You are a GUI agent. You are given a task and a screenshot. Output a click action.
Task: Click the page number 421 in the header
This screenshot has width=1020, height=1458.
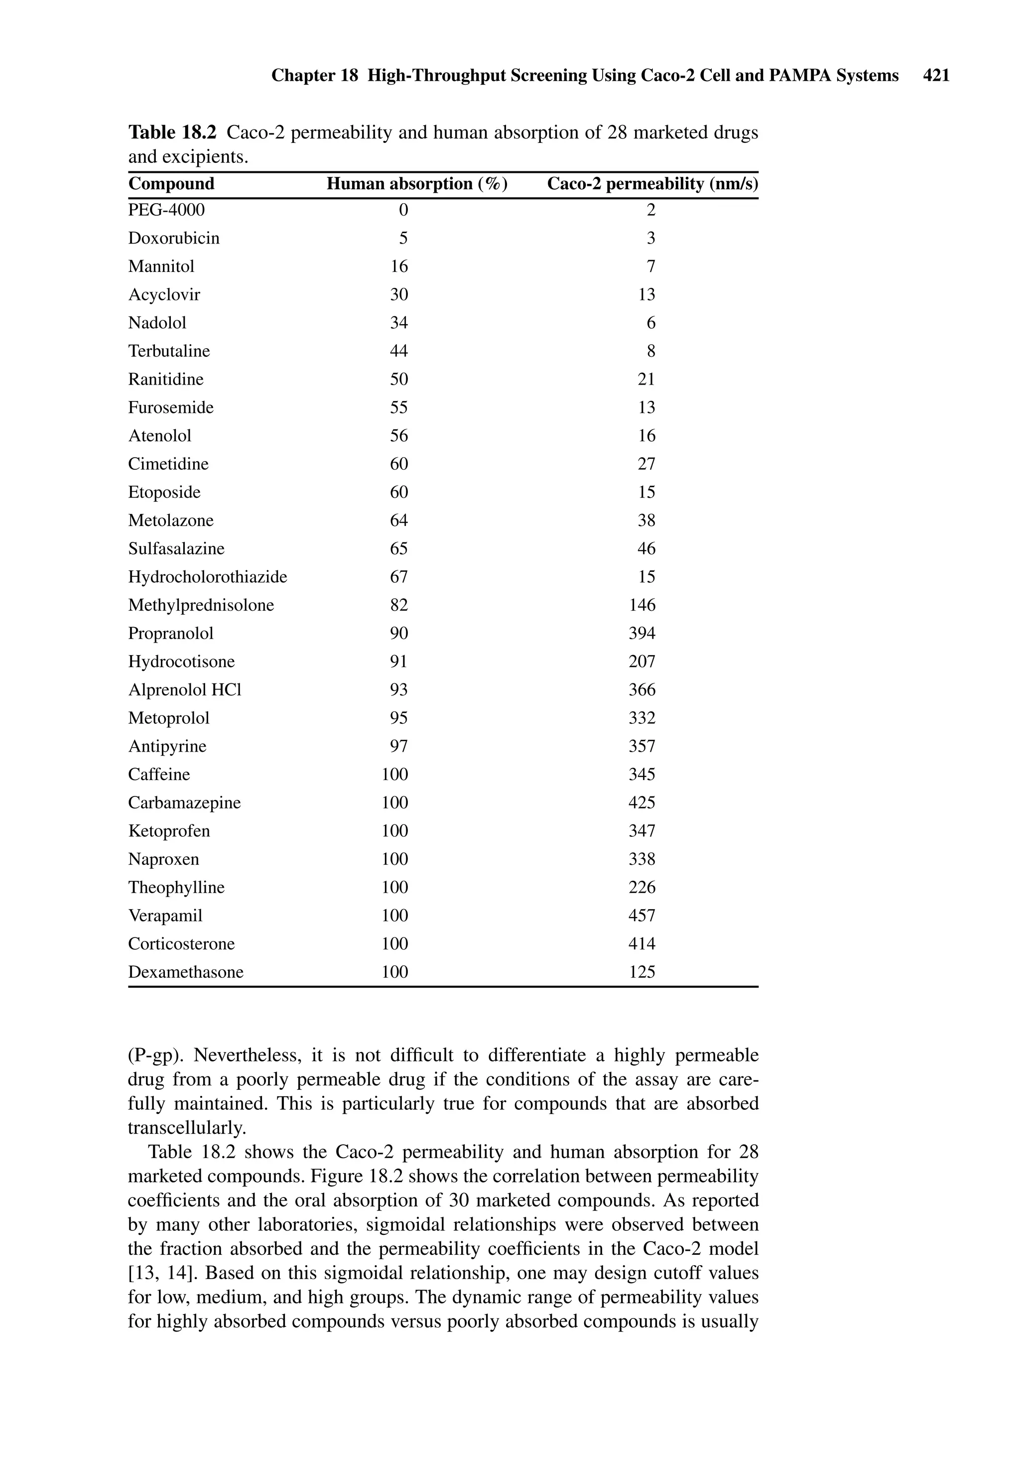point(936,76)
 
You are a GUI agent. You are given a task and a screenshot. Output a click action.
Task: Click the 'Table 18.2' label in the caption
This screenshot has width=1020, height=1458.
point(172,133)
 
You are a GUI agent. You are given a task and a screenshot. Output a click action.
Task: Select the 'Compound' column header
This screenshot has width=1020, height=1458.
point(171,184)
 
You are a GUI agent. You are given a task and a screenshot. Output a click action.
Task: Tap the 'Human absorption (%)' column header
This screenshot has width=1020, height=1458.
point(417,184)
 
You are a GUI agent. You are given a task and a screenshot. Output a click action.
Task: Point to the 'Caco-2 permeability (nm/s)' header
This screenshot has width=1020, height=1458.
point(652,184)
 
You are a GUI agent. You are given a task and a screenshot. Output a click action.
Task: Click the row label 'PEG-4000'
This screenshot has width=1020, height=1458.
point(166,210)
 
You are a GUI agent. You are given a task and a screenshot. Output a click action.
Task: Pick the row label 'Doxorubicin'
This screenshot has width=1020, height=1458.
point(174,238)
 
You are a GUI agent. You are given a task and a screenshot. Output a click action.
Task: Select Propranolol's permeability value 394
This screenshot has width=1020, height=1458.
point(641,633)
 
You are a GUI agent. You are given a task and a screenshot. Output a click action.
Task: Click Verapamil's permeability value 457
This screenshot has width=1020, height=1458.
point(641,915)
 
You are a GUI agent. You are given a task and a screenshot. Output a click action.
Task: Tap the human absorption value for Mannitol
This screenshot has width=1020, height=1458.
point(399,266)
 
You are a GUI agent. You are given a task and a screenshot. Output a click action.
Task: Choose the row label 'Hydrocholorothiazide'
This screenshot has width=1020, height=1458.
point(208,577)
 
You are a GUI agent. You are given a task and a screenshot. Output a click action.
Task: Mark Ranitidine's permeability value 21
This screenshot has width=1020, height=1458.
point(646,379)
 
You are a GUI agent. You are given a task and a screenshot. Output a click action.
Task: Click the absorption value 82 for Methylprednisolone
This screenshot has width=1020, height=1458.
point(399,605)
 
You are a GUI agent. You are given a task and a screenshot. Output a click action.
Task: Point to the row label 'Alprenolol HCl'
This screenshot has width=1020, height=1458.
point(185,689)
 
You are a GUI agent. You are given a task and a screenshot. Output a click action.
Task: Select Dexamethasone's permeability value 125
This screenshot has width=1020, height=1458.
point(641,971)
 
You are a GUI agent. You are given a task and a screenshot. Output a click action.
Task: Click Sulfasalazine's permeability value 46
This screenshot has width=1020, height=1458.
point(646,548)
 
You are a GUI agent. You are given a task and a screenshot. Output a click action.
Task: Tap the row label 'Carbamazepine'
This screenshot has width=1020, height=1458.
point(184,802)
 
